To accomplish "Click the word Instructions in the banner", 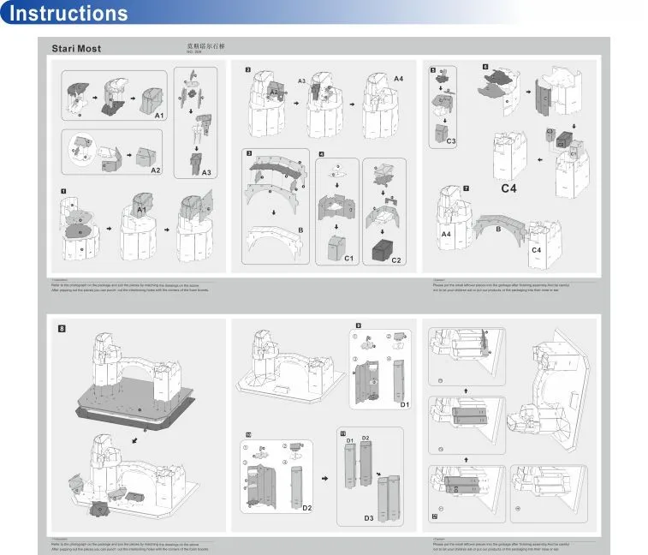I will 68,14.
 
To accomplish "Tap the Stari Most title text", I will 76,49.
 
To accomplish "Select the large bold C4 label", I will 511,187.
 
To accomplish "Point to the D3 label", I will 369,517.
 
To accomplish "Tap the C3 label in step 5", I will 451,140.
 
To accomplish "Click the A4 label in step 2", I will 398,79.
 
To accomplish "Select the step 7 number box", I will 466,188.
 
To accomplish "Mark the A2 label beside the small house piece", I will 155,170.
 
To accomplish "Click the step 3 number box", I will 248,153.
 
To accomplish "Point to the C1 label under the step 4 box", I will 349,258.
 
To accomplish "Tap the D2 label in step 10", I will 307,508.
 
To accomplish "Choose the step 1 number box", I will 63,189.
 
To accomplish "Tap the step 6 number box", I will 485,66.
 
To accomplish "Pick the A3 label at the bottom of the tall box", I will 206,171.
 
